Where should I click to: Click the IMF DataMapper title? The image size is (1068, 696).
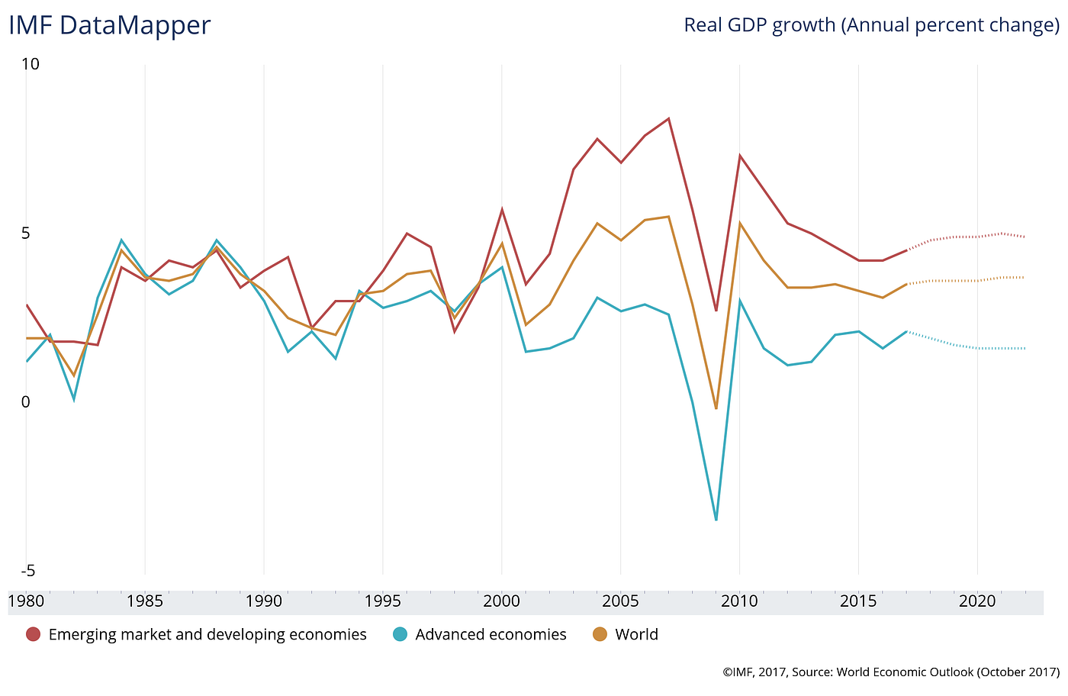pyautogui.click(x=109, y=26)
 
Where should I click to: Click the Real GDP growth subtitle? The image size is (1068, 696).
pyautogui.click(x=871, y=25)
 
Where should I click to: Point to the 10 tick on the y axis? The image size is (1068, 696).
pyautogui.click(x=31, y=64)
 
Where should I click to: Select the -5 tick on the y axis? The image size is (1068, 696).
pyautogui.click(x=29, y=572)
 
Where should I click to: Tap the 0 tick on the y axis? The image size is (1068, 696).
pyautogui.click(x=25, y=402)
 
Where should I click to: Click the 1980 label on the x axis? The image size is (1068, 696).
pyautogui.click(x=26, y=601)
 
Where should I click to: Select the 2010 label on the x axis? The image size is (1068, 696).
pyautogui.click(x=739, y=601)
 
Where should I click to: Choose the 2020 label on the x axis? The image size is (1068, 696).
pyautogui.click(x=977, y=601)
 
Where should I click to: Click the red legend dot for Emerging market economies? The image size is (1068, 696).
pyautogui.click(x=33, y=634)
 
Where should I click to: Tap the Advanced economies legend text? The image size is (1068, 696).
pyautogui.click(x=491, y=634)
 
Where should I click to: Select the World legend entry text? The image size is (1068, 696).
pyautogui.click(x=636, y=634)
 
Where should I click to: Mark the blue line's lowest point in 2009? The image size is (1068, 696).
pyautogui.click(x=716, y=520)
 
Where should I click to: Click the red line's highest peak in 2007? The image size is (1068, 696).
pyautogui.click(x=668, y=118)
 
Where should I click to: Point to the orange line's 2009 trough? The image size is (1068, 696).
pyautogui.click(x=716, y=409)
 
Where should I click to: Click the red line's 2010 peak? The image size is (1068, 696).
pyautogui.click(x=739, y=156)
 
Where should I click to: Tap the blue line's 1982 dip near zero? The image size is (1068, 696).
pyautogui.click(x=74, y=400)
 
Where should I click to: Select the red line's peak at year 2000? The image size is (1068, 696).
pyautogui.click(x=502, y=209)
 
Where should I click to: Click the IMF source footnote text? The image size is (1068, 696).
pyautogui.click(x=891, y=672)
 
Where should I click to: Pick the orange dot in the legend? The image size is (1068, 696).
pyautogui.click(x=600, y=634)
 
